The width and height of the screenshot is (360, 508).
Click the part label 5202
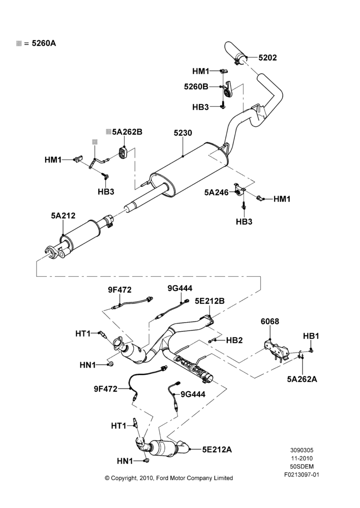click(267, 58)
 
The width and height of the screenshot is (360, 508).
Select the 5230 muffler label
click(183, 133)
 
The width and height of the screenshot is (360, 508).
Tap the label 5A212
click(63, 215)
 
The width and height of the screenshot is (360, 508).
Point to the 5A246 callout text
click(216, 193)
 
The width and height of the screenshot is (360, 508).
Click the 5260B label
click(196, 87)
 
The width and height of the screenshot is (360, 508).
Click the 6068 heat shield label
click(270, 322)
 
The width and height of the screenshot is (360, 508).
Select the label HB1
click(311, 336)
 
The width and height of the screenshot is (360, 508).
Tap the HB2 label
click(234, 340)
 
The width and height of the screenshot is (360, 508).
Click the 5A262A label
click(302, 379)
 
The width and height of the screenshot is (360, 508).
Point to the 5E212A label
click(217, 450)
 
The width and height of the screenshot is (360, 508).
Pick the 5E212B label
click(209, 301)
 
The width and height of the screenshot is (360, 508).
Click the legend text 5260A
click(44, 43)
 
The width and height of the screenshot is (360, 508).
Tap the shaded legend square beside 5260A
click(19, 43)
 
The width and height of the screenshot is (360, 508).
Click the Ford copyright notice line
click(169, 478)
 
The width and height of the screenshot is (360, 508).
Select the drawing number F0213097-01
click(302, 475)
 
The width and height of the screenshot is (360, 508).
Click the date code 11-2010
click(302, 458)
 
